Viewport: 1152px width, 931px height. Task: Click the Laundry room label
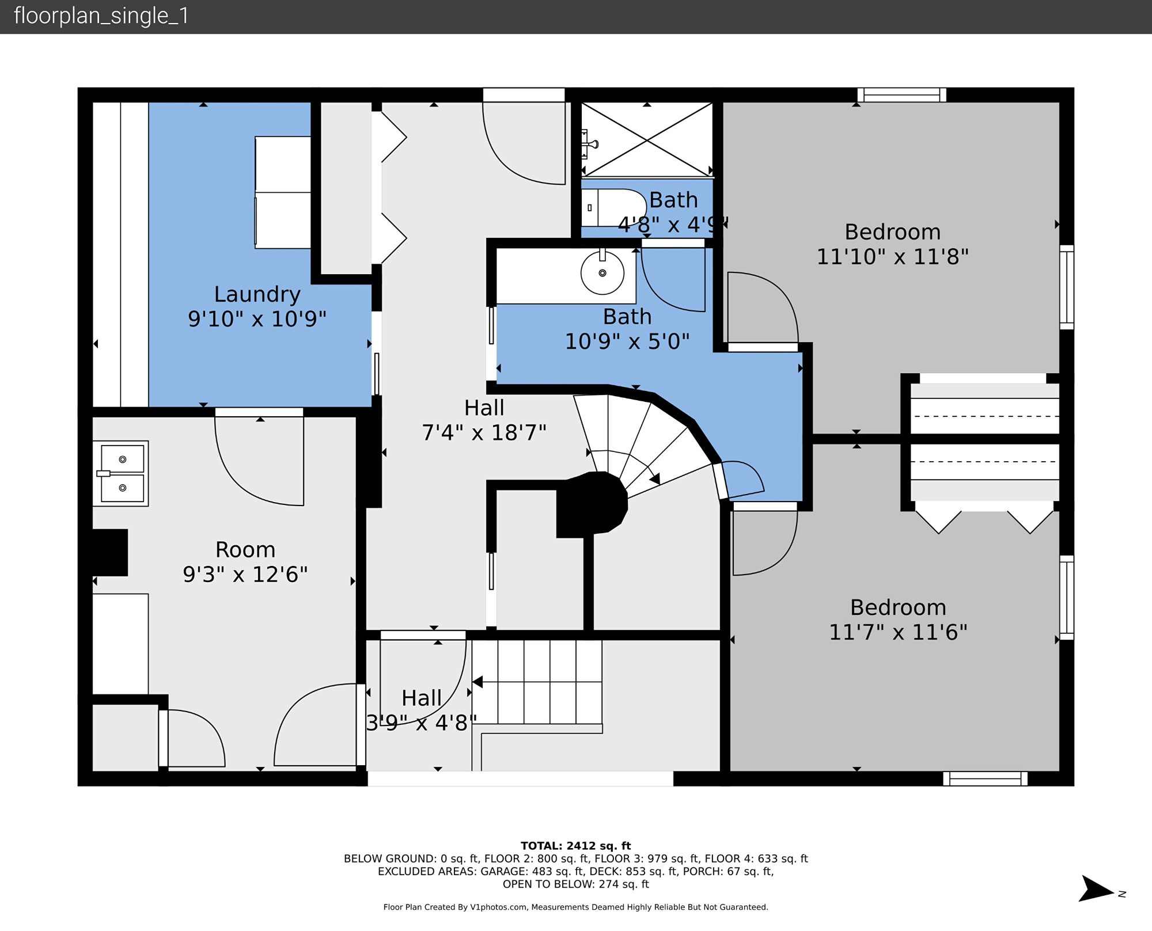(x=257, y=294)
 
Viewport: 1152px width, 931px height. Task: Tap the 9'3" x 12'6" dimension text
(x=245, y=575)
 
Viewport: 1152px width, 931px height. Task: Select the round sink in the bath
(x=602, y=273)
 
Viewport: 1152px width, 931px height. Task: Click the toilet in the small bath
(x=614, y=207)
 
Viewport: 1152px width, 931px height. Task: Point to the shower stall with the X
(x=647, y=139)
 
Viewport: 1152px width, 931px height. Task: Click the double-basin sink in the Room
(x=121, y=473)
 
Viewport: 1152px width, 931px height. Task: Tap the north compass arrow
(x=1096, y=889)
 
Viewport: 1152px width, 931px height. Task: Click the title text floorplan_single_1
(x=101, y=16)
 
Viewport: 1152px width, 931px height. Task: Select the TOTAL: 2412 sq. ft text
(x=576, y=846)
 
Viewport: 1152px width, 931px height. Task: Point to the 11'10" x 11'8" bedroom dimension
(x=893, y=256)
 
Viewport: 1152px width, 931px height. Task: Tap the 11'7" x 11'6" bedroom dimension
(x=898, y=632)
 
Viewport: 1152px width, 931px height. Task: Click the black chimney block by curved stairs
(x=592, y=504)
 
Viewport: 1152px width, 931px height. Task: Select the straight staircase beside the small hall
(x=537, y=682)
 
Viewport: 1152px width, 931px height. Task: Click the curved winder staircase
(x=639, y=443)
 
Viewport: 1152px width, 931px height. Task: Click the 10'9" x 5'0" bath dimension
(x=627, y=341)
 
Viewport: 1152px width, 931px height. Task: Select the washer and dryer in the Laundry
(x=283, y=192)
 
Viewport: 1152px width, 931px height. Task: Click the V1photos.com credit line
(x=576, y=907)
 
